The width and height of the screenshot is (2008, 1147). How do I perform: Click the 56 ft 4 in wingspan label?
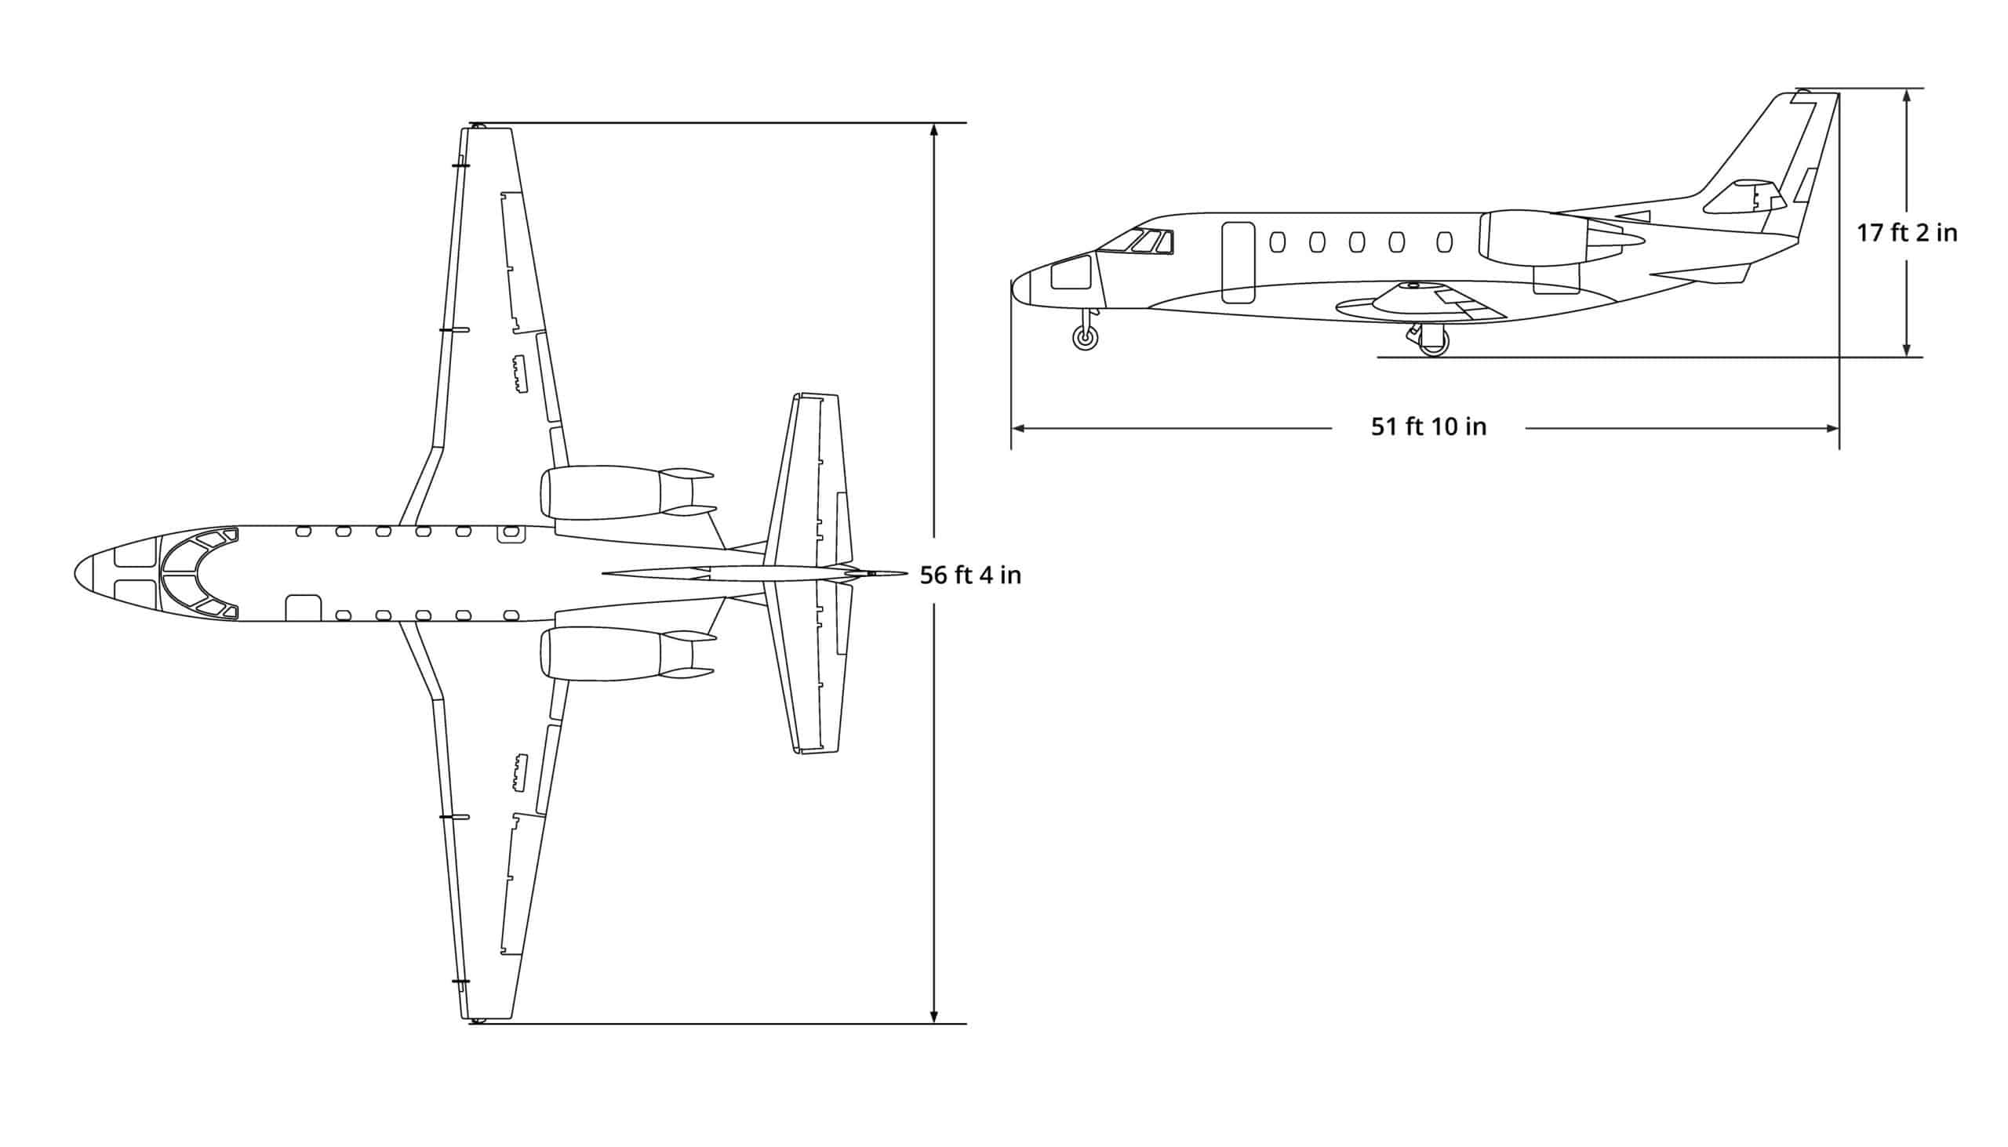pyautogui.click(x=970, y=575)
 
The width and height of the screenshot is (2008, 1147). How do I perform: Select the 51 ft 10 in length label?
pyautogui.click(x=1428, y=426)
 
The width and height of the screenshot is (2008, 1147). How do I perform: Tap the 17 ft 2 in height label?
pyautogui.click(x=1906, y=233)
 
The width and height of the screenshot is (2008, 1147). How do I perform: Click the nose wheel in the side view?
pyautogui.click(x=1085, y=339)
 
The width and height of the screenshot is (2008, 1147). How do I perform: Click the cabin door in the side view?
pyautogui.click(x=1237, y=263)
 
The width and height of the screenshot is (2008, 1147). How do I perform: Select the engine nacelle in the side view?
pyautogui.click(x=1533, y=236)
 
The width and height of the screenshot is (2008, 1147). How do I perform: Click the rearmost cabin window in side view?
pyautogui.click(x=1445, y=241)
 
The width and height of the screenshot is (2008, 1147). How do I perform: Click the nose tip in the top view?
pyautogui.click(x=76, y=572)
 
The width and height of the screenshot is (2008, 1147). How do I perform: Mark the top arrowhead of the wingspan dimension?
pyautogui.click(x=934, y=129)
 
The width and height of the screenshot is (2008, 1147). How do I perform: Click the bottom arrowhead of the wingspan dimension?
pyautogui.click(x=934, y=1018)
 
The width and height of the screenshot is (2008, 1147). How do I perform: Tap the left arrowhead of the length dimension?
pyautogui.click(x=1017, y=429)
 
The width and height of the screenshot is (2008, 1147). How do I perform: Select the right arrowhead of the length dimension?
pyautogui.click(x=1834, y=429)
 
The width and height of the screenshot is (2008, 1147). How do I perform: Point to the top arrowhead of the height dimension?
pyautogui.click(x=1906, y=94)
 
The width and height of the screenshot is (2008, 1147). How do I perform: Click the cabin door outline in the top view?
pyautogui.click(x=303, y=608)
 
